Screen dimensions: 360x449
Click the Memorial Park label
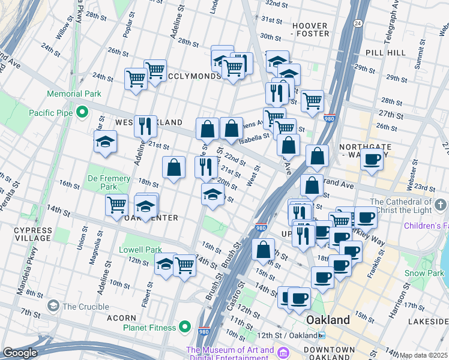tap(75, 94)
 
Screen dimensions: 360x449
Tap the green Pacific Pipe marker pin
tap(83, 112)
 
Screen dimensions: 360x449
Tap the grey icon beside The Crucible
tap(53, 306)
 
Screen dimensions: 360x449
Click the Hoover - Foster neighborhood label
tap(310, 30)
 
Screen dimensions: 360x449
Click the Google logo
tap(20, 353)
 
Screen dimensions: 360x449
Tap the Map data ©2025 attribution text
tap(424, 355)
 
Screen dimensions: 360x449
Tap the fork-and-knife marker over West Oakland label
tap(145, 126)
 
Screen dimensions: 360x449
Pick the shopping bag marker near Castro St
tap(263, 250)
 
